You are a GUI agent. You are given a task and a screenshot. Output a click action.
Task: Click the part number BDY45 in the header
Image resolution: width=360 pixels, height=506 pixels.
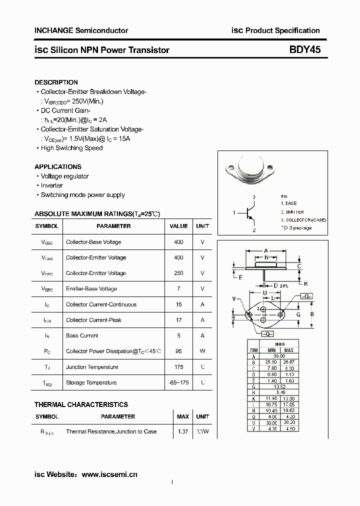[304, 49]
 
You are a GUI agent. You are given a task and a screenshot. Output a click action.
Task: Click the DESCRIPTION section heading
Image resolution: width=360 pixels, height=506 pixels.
[56, 82]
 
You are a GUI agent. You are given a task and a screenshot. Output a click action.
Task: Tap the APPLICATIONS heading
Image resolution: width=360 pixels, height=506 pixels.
[58, 166]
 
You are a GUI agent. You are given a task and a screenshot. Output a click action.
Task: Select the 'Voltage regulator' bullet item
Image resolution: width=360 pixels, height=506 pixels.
[64, 176]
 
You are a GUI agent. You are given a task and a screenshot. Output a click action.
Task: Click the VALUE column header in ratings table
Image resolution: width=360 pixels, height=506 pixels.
[178, 226]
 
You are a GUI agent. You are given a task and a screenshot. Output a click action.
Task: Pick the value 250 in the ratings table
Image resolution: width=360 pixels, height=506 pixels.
[178, 273]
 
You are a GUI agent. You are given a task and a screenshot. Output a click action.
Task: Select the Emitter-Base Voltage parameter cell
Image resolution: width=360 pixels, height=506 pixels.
[91, 289]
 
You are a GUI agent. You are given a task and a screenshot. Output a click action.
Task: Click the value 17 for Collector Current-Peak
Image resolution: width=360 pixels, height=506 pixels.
[178, 320]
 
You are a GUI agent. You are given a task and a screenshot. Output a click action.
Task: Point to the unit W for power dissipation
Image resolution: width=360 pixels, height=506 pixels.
[202, 351]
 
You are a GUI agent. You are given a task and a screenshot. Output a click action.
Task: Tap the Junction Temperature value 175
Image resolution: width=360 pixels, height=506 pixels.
[178, 367]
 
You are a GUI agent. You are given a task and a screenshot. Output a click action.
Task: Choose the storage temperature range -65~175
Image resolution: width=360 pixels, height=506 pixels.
[178, 382]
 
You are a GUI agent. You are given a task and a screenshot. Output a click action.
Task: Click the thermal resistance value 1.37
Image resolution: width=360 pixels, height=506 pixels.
[183, 431]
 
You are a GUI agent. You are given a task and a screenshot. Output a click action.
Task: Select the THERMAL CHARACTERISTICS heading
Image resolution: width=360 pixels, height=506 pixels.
[81, 404]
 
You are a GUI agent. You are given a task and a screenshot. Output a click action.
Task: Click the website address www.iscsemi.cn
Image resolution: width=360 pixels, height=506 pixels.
[109, 474]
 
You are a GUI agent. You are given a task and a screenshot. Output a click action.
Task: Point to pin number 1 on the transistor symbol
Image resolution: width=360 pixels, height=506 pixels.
[234, 213]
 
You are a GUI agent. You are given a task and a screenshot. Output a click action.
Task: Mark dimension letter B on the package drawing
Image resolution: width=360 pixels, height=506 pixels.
[311, 314]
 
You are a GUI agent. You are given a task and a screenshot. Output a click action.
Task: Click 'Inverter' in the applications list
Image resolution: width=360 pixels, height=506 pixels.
[51, 185]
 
